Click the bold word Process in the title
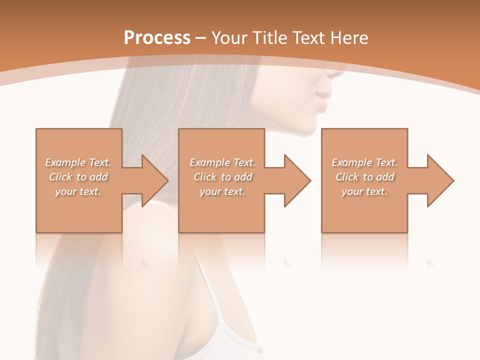[157, 38]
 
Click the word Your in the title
[231, 38]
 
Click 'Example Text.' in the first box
[78, 162]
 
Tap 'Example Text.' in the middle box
[222, 162]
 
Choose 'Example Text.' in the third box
[364, 162]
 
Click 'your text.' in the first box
[78, 191]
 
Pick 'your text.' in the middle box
[222, 191]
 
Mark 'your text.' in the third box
[364, 191]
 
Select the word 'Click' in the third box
[347, 177]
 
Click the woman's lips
[324, 100]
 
